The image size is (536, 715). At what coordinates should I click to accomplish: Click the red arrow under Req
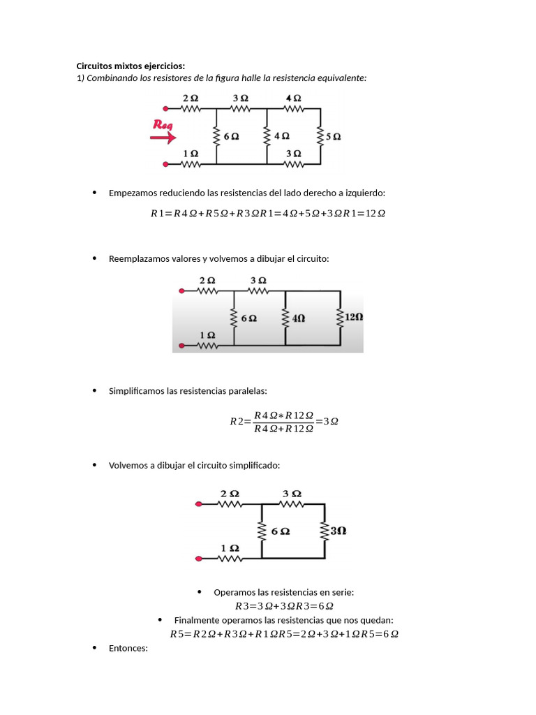[163, 138]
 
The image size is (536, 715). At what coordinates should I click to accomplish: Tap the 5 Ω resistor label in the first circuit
[333, 137]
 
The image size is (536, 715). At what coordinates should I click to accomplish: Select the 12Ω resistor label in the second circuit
[354, 316]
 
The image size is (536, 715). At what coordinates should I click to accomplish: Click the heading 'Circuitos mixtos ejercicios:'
[131, 66]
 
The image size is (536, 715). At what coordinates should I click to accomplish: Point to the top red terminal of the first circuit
[165, 108]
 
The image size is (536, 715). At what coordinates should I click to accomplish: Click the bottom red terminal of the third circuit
[199, 559]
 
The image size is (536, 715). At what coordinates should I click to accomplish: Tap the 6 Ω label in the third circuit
[281, 531]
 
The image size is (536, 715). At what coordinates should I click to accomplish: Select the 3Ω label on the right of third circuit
[338, 531]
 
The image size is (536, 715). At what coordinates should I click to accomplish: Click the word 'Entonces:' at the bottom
[128, 648]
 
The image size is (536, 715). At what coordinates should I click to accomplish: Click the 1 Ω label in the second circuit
[207, 335]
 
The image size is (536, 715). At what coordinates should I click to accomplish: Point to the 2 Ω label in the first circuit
[191, 98]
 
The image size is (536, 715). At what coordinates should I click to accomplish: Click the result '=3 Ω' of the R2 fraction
[327, 421]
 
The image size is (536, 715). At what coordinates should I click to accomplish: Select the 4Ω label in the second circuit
[299, 318]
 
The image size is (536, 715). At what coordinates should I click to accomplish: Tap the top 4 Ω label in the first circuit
[294, 98]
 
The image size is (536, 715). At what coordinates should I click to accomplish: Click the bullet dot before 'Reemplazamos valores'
[94, 258]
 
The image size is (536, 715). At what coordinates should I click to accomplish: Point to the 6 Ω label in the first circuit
[230, 137]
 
